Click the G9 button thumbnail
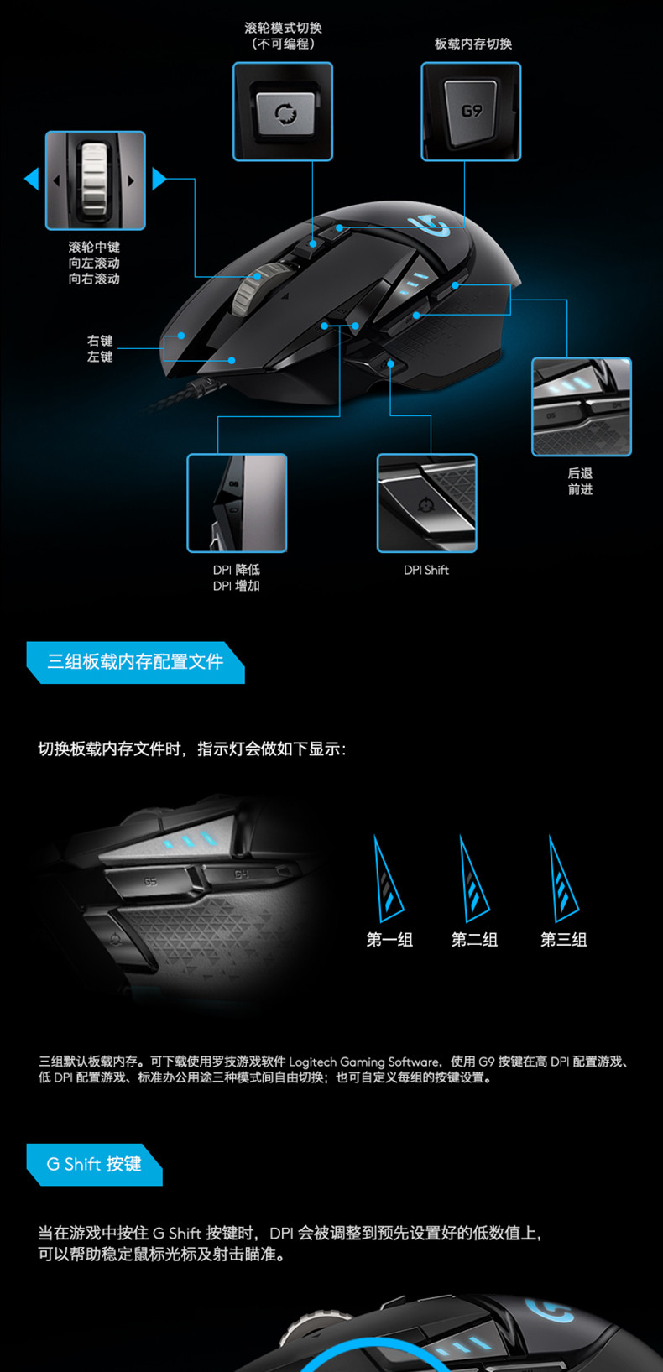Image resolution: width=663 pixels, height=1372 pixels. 471,112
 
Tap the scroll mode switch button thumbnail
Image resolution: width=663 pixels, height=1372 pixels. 283,112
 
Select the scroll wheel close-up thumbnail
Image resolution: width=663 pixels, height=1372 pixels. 96,180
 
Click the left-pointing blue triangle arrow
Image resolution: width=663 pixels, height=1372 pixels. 31,178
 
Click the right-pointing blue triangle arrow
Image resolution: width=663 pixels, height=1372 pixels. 159,178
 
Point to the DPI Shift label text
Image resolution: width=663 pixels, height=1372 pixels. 425,571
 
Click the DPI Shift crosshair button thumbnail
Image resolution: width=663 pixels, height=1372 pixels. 427,503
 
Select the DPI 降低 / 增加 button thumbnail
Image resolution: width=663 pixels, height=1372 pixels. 237,503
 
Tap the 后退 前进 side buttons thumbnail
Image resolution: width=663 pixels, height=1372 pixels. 582,407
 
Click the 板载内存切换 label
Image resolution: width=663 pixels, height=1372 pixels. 473,44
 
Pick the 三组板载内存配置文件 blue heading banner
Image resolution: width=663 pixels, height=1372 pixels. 135,662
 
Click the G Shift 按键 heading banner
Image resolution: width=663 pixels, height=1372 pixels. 94,1164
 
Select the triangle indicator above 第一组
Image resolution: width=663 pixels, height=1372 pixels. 387,879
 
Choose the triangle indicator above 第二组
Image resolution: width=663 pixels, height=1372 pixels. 473,879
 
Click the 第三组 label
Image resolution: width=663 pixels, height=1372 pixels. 563,940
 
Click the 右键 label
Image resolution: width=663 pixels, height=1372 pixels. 100,342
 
